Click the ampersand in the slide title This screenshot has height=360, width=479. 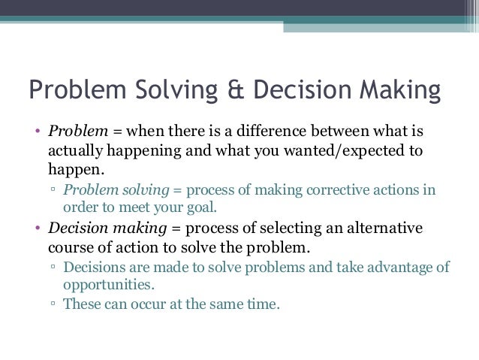233,90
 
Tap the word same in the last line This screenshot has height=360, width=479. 227,305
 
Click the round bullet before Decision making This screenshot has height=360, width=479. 39,228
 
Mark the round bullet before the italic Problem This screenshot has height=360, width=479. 39,132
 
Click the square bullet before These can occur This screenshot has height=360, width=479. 53,306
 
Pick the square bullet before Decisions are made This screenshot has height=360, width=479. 53,268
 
